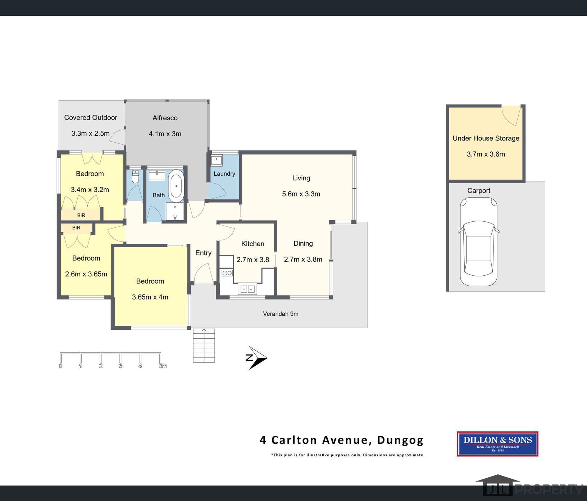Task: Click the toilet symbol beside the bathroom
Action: pyautogui.click(x=135, y=177)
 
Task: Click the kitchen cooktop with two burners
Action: pyautogui.click(x=227, y=273)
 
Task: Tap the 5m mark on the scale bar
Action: pyautogui.click(x=163, y=366)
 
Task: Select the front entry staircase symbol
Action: pyautogui.click(x=204, y=346)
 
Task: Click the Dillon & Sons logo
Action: pyautogui.click(x=497, y=444)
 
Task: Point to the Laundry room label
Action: pyautogui.click(x=224, y=173)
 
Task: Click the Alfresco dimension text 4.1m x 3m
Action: pyautogui.click(x=165, y=134)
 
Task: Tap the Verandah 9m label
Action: pyautogui.click(x=281, y=314)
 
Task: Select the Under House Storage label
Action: pyautogui.click(x=486, y=138)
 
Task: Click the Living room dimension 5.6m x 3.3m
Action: pyautogui.click(x=301, y=194)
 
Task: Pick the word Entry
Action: pyautogui.click(x=203, y=253)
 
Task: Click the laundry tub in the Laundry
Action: pyautogui.click(x=217, y=160)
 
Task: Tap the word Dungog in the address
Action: pyautogui.click(x=400, y=440)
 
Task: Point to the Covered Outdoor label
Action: pyautogui.click(x=91, y=118)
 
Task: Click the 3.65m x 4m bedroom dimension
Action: pyautogui.click(x=150, y=297)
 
